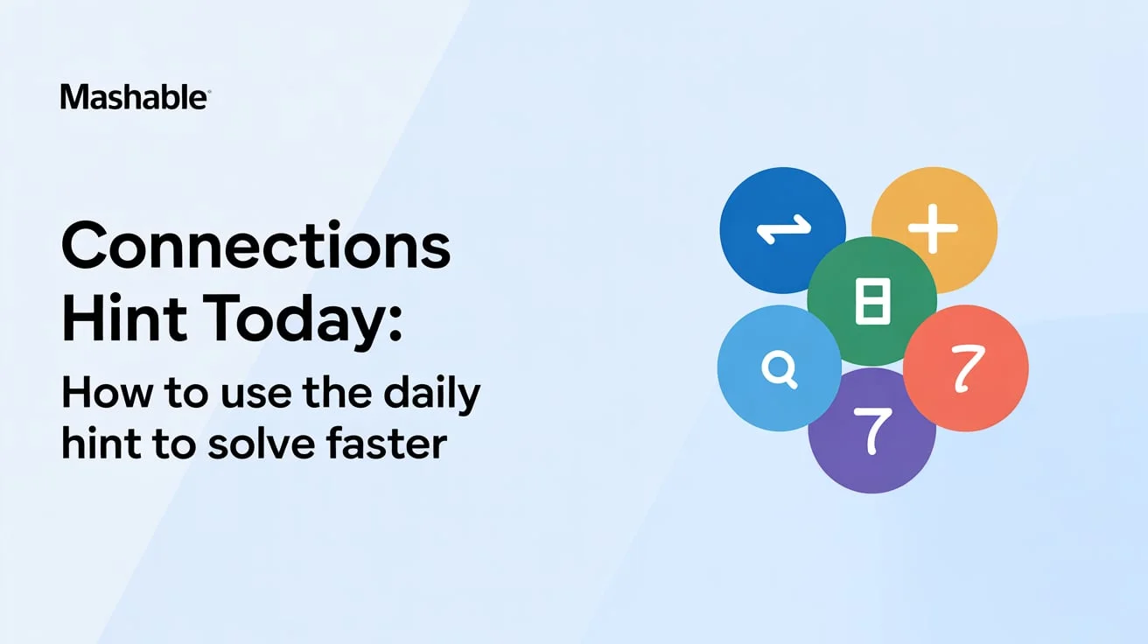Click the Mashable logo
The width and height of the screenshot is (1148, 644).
[135, 97]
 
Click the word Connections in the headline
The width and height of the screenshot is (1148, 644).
[255, 247]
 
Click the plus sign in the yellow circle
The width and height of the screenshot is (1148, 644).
[933, 229]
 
